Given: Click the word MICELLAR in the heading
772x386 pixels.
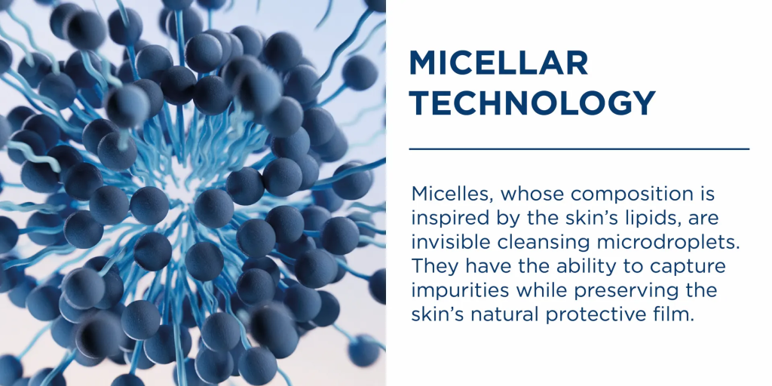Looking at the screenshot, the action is pyautogui.click(x=498, y=63).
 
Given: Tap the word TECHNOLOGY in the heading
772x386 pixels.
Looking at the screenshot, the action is pyautogui.click(x=532, y=103).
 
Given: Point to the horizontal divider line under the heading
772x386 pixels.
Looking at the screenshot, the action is pyautogui.click(x=579, y=149).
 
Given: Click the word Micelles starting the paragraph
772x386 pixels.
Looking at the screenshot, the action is pyautogui.click(x=453, y=194).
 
